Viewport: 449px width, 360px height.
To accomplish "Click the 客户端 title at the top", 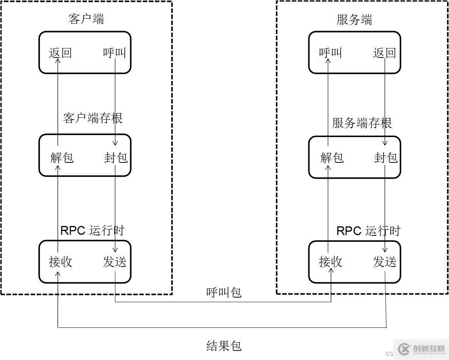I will pyautogui.click(x=86, y=19).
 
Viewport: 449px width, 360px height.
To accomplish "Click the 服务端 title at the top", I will pyautogui.click(x=354, y=20).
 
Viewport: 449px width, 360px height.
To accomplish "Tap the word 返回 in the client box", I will pyautogui.click(x=60, y=53).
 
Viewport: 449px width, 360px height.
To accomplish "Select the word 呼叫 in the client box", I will pyautogui.click(x=114, y=53).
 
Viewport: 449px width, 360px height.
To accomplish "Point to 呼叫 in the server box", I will pyautogui.click(x=330, y=53).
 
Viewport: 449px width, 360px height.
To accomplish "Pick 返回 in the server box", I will pyautogui.click(x=384, y=53).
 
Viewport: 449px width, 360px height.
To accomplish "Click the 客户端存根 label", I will pyautogui.click(x=93, y=118).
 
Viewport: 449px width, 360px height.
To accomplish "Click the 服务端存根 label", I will pyautogui.click(x=362, y=123).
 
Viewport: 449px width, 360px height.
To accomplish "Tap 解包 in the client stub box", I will pyautogui.click(x=62, y=157).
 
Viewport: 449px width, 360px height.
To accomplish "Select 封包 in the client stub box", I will pyautogui.click(x=116, y=157).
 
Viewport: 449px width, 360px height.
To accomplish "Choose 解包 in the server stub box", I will pyautogui.click(x=332, y=157).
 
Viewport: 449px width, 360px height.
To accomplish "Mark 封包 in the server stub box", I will pyautogui.click(x=386, y=157).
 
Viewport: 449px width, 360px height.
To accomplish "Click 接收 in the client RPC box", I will pyautogui.click(x=61, y=262).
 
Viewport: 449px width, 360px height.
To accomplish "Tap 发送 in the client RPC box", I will pyautogui.click(x=115, y=262).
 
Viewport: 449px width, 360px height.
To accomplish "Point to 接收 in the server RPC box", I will pyautogui.click(x=331, y=262).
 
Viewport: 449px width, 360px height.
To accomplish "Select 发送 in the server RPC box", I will pyautogui.click(x=385, y=262).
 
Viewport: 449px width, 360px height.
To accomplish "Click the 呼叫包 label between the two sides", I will pyautogui.click(x=224, y=292).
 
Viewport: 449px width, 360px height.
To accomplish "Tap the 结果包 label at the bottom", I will pyautogui.click(x=224, y=345).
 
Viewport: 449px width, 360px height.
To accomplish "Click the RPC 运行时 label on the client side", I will pyautogui.click(x=92, y=230).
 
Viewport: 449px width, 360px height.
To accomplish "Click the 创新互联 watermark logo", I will pyautogui.click(x=420, y=348).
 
